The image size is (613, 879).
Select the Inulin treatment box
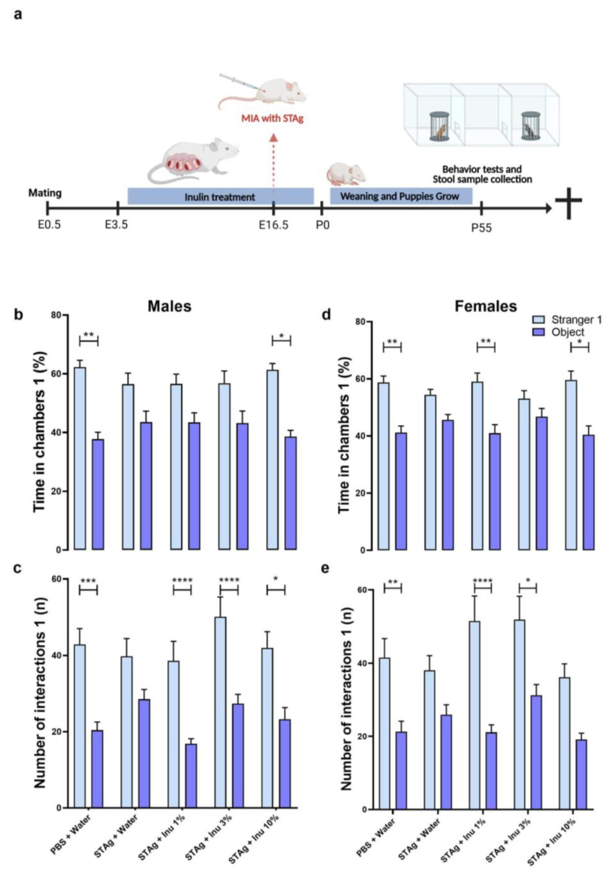pos(220,196)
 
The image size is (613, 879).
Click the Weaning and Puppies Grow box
pos(401,196)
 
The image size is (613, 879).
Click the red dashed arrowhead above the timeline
pos(273,138)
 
